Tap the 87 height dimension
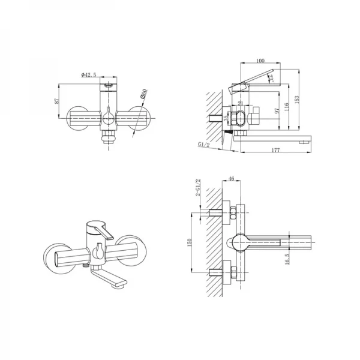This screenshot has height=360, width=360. [58, 102]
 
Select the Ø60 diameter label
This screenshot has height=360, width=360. [143, 94]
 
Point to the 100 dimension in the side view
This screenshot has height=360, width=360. [260, 61]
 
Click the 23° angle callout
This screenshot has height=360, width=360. [271, 77]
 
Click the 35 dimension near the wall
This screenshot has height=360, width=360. [226, 119]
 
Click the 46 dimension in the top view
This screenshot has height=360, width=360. [232, 178]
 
